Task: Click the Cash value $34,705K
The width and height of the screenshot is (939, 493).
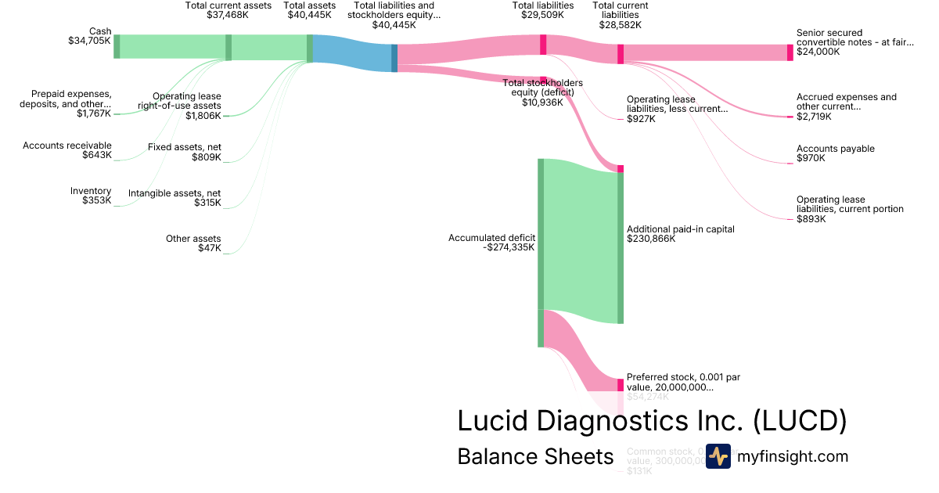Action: (x=89, y=41)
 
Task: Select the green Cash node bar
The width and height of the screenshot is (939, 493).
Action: (x=117, y=46)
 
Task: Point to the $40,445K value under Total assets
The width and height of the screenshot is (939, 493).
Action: (x=310, y=15)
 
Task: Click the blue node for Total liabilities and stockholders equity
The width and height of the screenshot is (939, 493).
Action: (x=394, y=58)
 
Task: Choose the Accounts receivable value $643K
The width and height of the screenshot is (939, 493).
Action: (x=96, y=155)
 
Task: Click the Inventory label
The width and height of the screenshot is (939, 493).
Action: (x=91, y=191)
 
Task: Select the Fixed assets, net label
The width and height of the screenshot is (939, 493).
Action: (x=185, y=147)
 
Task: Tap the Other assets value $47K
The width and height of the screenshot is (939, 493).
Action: (x=209, y=249)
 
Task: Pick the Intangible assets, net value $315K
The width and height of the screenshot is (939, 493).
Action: (x=207, y=203)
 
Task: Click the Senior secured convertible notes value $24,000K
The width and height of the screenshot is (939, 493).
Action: (x=818, y=52)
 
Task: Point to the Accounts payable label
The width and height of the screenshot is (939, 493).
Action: (x=836, y=149)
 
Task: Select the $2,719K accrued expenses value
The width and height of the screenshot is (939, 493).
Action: (x=814, y=117)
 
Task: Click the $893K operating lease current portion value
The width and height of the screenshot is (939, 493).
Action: (x=811, y=219)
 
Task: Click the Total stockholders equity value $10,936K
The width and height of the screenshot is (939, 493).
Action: (x=541, y=102)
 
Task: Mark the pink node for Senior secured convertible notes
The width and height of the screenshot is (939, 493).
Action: (x=790, y=52)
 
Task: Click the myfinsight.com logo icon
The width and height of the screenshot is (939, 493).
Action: (x=718, y=456)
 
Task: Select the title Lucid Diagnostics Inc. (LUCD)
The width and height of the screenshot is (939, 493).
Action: (x=652, y=420)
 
